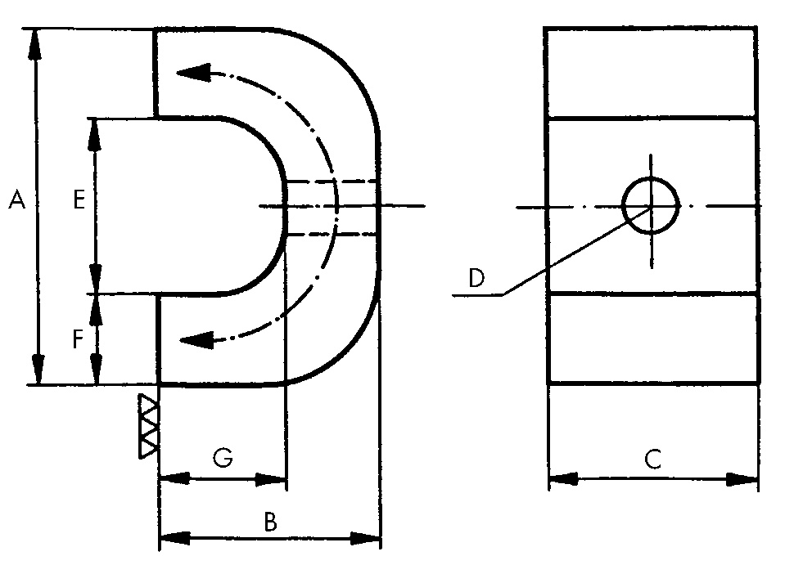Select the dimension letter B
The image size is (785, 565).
pos(270,522)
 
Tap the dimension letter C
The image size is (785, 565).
pos(653,459)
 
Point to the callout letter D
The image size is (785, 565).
pos(476,277)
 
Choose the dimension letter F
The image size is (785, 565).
pos(78,339)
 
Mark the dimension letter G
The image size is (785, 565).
pos(223,458)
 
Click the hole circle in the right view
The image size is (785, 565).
pos(651,205)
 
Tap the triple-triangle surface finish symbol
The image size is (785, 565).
pos(149,426)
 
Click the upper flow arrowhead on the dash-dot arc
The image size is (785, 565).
pos(193,73)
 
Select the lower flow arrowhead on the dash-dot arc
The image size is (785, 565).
pos(196,340)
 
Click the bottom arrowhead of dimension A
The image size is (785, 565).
pos(38,370)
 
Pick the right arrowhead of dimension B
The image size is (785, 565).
pos(365,539)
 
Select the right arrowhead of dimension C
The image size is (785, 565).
pos(742,479)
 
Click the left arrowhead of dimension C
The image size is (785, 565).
pos(564,479)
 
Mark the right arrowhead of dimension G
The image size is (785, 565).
pos(270,479)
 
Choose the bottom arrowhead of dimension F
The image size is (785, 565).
pos(96,369)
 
